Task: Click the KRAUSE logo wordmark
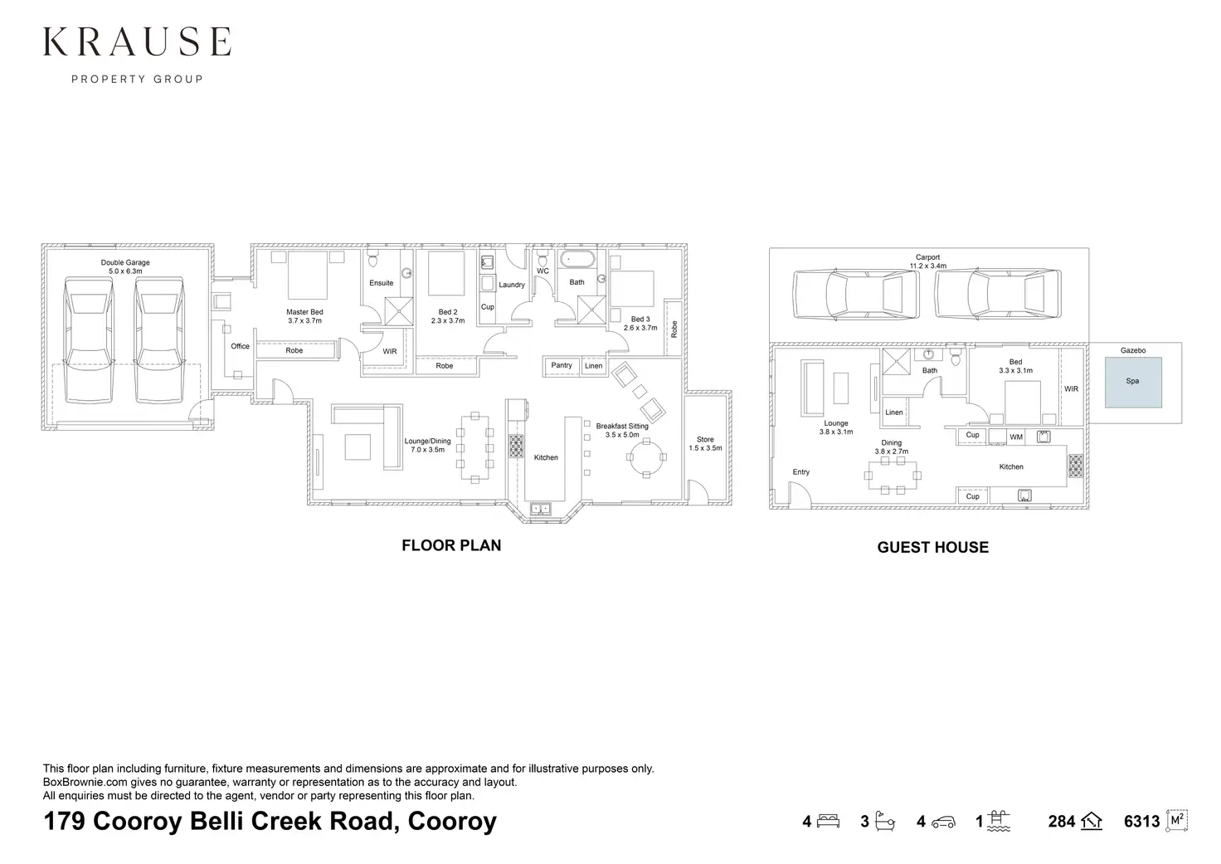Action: pyautogui.click(x=137, y=41)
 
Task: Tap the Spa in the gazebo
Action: pyautogui.click(x=1132, y=382)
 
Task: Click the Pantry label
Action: pyautogui.click(x=562, y=365)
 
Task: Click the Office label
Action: pyautogui.click(x=240, y=346)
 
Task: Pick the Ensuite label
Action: pyautogui.click(x=382, y=283)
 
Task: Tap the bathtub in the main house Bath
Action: pyautogui.click(x=576, y=260)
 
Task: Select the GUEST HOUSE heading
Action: pyautogui.click(x=932, y=547)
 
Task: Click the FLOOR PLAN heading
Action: pyautogui.click(x=451, y=545)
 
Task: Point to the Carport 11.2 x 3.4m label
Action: pyautogui.click(x=927, y=261)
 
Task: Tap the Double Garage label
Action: pyautogui.click(x=125, y=266)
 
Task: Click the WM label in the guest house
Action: pyautogui.click(x=1016, y=437)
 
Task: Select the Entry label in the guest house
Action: pyautogui.click(x=800, y=472)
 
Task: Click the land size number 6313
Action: pyautogui.click(x=1141, y=822)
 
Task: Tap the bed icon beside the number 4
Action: pyautogui.click(x=829, y=822)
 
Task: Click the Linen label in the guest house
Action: pyautogui.click(x=894, y=412)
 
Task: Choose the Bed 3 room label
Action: pyautogui.click(x=640, y=323)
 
